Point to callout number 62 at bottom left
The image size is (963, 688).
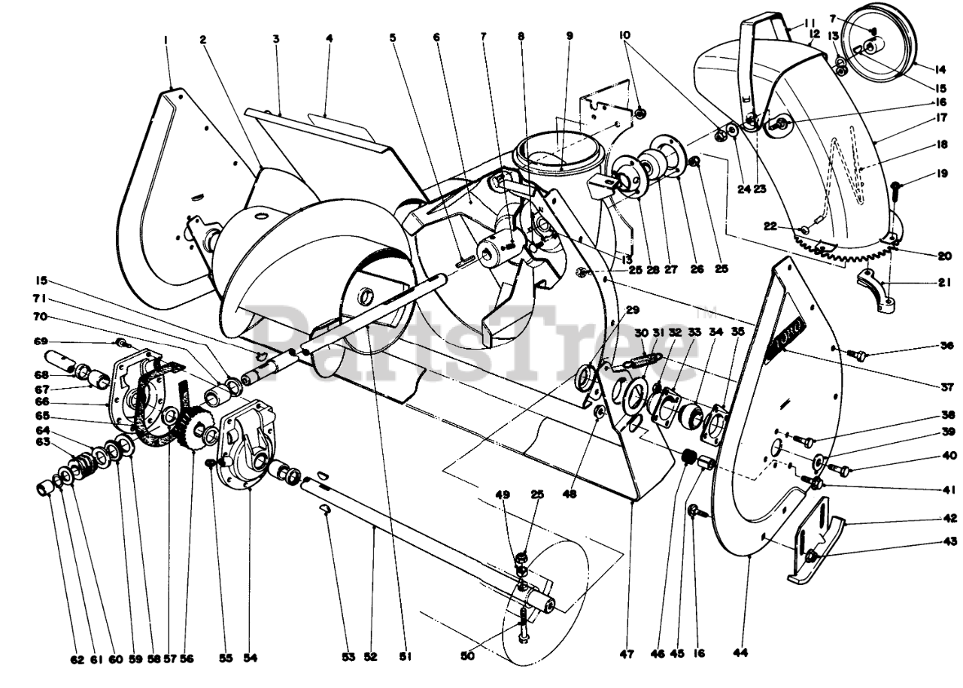coord(77,659)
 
